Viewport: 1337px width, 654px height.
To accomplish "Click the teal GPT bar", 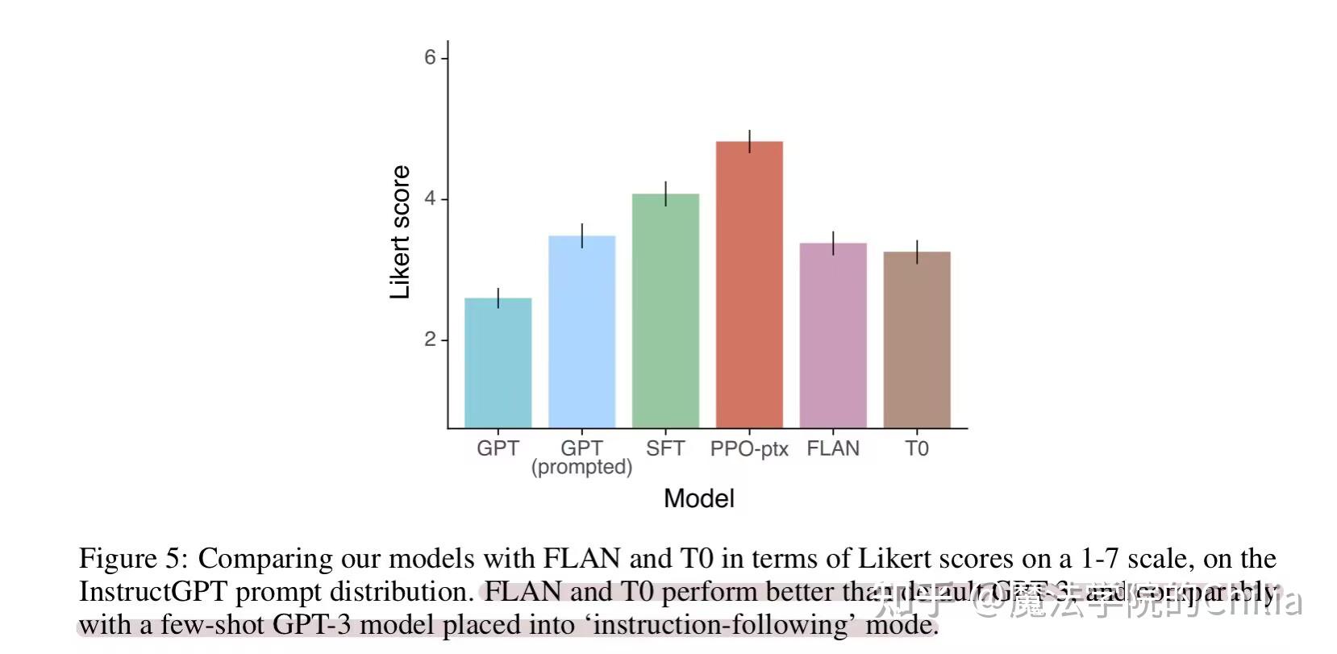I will click(498, 363).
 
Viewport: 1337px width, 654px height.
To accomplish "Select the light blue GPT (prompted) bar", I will click(581, 331).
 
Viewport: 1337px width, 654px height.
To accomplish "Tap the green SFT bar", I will click(665, 310).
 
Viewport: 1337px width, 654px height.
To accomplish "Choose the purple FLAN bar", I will click(833, 335).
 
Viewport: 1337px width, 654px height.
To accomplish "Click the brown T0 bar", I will click(917, 339).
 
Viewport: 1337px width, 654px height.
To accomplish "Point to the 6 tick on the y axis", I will click(431, 58).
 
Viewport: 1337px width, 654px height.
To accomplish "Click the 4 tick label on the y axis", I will click(431, 198).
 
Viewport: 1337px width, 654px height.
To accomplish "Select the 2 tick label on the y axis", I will click(431, 339).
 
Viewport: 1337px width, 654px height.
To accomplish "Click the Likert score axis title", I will click(400, 232).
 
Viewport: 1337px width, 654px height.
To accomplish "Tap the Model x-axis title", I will click(698, 498).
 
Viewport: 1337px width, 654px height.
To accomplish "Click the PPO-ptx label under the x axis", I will click(748, 449).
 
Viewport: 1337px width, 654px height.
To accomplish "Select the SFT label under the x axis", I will click(665, 448).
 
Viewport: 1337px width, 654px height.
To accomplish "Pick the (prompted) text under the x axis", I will click(581, 468).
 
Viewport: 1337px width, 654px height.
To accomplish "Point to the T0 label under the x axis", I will click(917, 448).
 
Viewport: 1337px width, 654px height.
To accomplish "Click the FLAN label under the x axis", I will click(833, 448).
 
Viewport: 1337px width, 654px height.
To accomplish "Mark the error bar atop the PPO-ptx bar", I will click(750, 141).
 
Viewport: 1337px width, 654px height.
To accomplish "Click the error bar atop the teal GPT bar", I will click(498, 298).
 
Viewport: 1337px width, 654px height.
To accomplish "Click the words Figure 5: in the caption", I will click(133, 558).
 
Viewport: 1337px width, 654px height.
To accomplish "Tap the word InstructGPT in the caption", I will click(152, 592).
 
